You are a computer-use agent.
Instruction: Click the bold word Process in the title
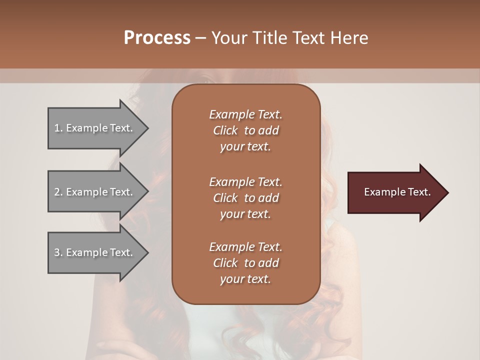coord(157,38)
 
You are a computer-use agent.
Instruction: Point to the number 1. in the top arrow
coord(58,128)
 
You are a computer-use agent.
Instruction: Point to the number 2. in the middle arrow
coord(58,192)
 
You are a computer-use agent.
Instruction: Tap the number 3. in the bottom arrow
coord(58,252)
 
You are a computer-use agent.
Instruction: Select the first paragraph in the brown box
coord(245,130)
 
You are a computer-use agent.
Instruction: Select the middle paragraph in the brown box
coord(245,198)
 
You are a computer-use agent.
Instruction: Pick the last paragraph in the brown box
coord(245,263)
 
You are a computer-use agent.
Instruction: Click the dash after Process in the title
coord(200,38)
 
